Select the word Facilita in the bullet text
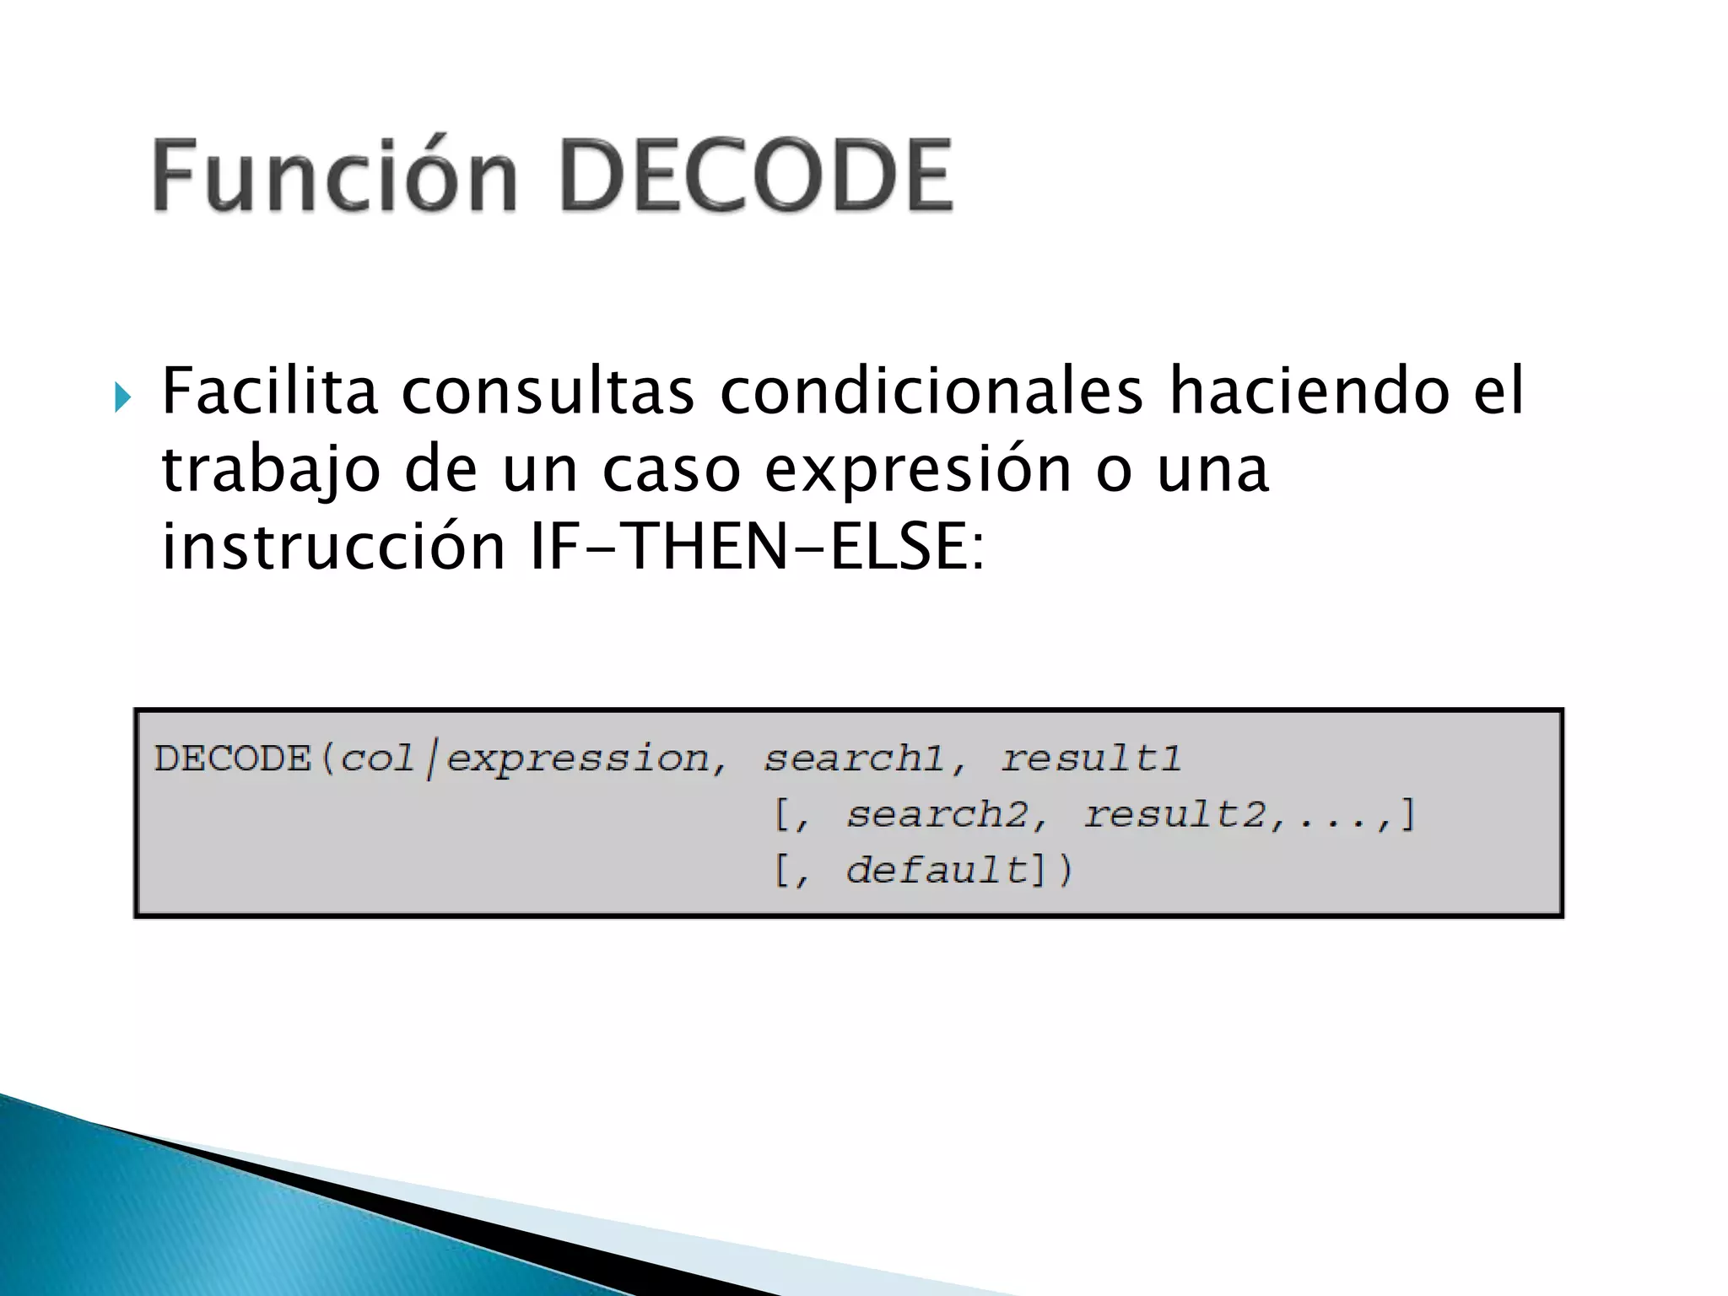point(269,391)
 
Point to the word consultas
point(548,391)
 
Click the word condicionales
point(931,391)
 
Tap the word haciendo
point(1309,391)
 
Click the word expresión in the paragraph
point(917,471)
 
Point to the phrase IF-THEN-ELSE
point(756,547)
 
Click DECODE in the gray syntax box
point(233,759)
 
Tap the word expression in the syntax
point(577,759)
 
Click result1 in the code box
point(1090,759)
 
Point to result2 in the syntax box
point(1174,814)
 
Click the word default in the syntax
point(937,870)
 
